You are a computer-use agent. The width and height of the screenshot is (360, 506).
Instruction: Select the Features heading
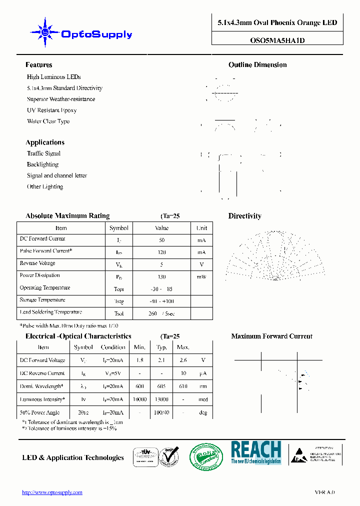(x=38, y=65)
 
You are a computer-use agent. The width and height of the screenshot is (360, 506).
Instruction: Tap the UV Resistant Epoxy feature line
(x=51, y=110)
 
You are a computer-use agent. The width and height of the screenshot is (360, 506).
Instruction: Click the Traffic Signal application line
(x=43, y=153)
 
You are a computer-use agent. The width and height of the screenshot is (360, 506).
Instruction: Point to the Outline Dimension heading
(x=257, y=65)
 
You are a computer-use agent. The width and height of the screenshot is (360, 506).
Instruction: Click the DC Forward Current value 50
(x=161, y=240)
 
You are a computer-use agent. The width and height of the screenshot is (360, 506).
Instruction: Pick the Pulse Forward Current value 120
(x=161, y=252)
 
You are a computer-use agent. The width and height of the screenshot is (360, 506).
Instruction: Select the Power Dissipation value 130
(x=161, y=277)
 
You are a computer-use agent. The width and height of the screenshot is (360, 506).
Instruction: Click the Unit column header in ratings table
(x=201, y=228)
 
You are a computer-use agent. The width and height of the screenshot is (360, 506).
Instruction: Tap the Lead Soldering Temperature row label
(x=50, y=312)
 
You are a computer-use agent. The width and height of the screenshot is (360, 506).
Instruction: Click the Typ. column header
(x=161, y=347)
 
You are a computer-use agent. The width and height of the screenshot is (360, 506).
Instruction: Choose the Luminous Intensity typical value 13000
(x=161, y=399)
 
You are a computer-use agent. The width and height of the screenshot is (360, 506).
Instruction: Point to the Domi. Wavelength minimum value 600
(x=140, y=386)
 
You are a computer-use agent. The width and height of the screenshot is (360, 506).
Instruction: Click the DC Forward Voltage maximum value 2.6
(x=183, y=360)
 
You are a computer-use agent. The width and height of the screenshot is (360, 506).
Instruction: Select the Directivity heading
(x=244, y=216)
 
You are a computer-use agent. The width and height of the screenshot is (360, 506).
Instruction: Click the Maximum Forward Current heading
(x=271, y=336)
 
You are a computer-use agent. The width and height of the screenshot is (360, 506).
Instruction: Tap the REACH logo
(x=255, y=452)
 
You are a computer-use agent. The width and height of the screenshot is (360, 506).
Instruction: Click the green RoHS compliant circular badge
(x=205, y=456)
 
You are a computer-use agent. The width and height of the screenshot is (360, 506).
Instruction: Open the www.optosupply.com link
(x=52, y=492)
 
